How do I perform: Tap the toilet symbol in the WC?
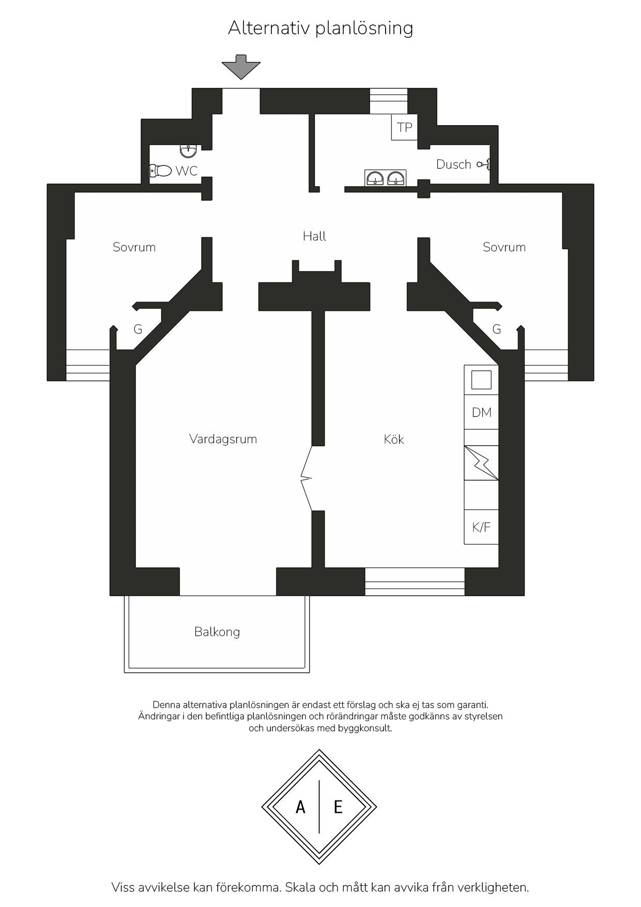point(160,171)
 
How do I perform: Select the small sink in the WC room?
point(188,151)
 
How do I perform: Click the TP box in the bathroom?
point(404,127)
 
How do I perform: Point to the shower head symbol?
point(484,164)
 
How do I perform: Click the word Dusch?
point(453,164)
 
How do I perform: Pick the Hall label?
point(314,236)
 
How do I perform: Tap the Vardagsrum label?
point(223,440)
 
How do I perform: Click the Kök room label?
point(394,440)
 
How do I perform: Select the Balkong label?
point(217,632)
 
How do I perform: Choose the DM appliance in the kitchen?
point(481,412)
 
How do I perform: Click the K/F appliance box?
point(481,527)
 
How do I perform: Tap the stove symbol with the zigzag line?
point(481,463)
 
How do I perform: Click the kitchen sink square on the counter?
point(481,380)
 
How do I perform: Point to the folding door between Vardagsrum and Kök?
point(307,478)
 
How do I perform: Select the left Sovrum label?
point(134,247)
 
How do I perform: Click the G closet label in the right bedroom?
point(497,329)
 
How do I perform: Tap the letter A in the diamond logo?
point(300,807)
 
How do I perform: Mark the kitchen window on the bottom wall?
point(415,582)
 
